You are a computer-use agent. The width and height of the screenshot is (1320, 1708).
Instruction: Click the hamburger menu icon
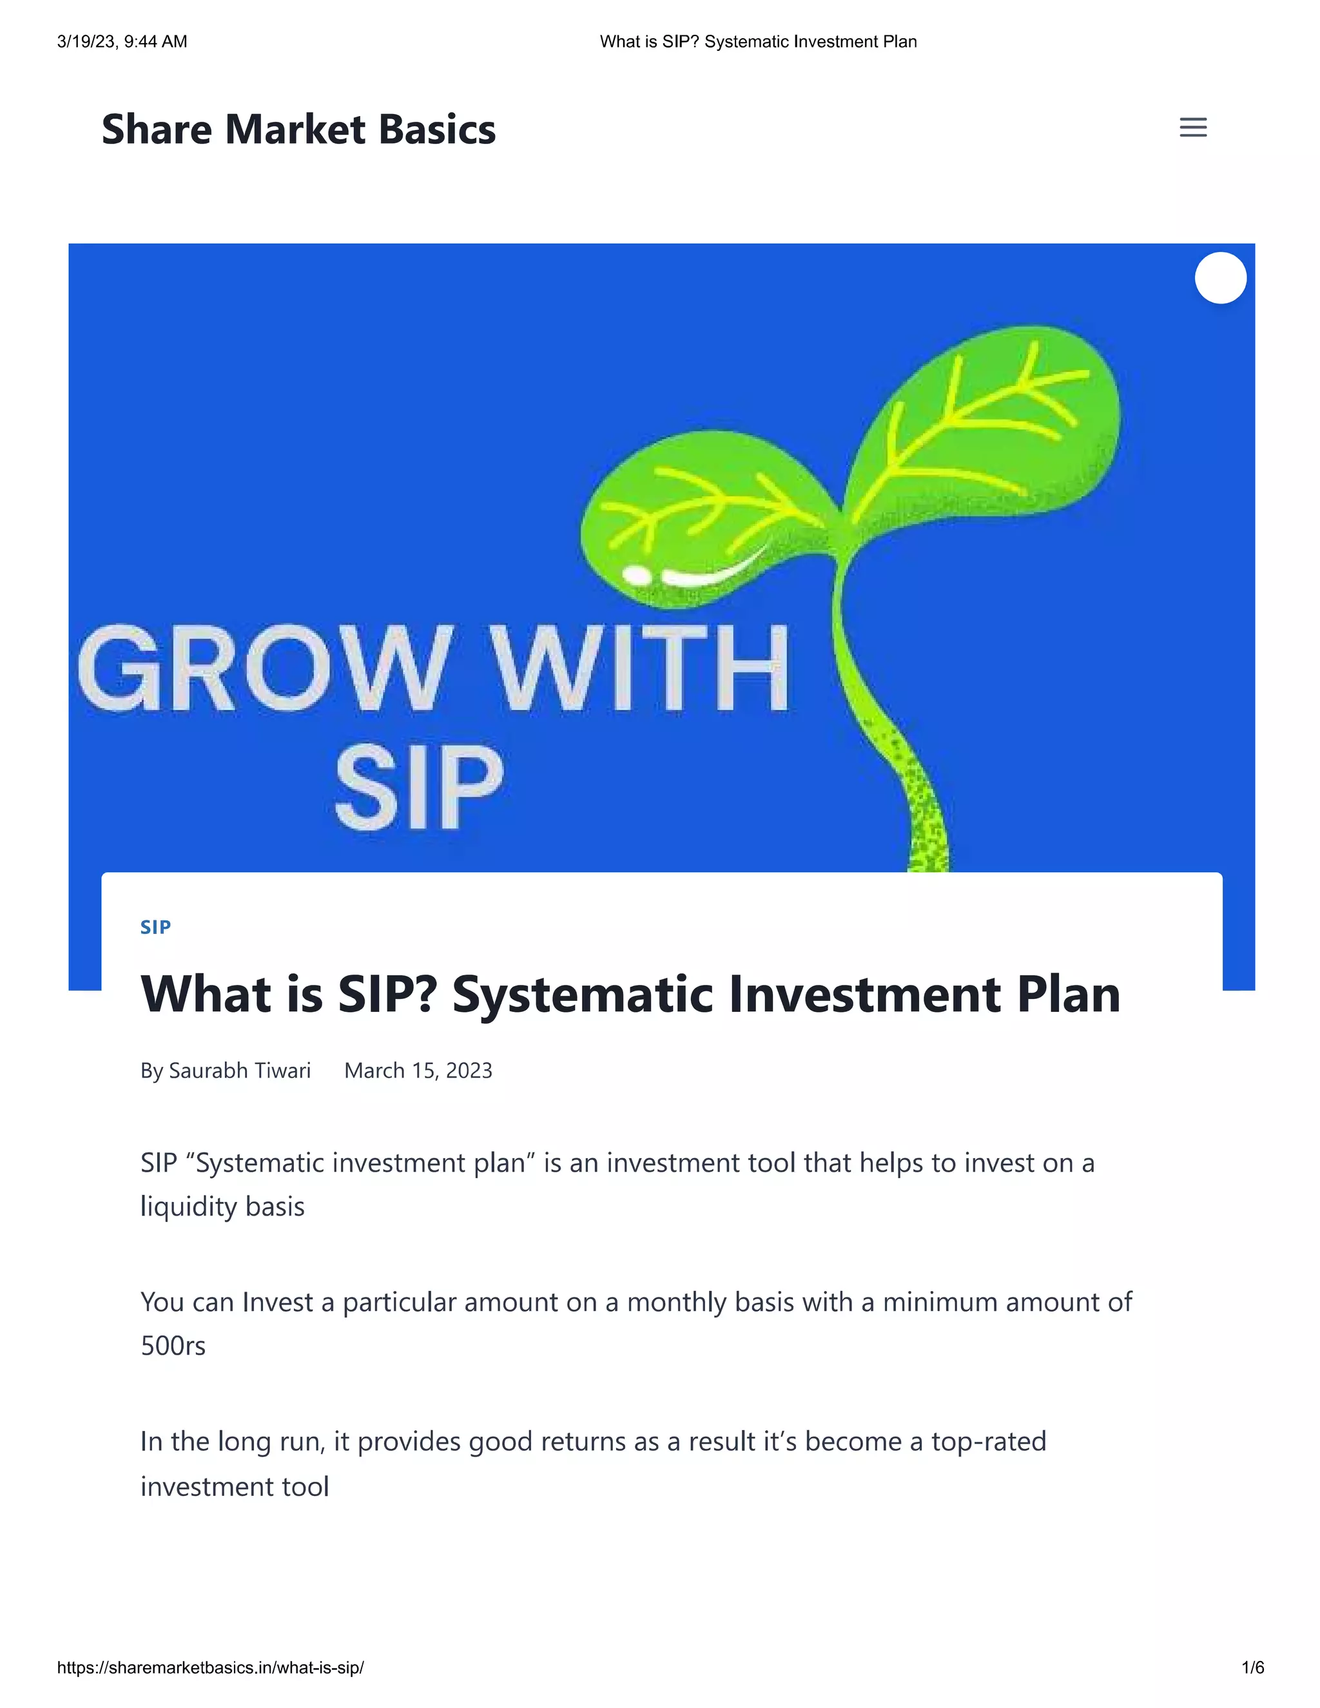1192,127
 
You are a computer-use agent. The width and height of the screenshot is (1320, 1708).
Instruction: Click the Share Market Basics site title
298,129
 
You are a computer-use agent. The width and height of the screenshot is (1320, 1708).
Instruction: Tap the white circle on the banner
1220,278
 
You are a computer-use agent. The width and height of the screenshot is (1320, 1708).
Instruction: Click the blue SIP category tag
155,927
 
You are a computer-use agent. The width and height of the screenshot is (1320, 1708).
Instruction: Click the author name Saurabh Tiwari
239,1070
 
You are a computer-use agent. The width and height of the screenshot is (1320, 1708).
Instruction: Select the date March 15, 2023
418,1070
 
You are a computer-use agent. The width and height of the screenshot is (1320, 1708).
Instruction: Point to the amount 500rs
173,1346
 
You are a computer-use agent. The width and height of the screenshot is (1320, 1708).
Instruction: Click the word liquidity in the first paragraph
188,1207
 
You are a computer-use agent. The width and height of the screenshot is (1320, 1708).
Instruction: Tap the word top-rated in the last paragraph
987,1441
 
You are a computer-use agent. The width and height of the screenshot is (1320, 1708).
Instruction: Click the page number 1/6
1252,1667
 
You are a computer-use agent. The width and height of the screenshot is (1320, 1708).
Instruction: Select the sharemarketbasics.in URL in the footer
210,1667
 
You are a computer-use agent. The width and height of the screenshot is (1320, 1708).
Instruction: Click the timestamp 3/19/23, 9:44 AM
122,41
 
